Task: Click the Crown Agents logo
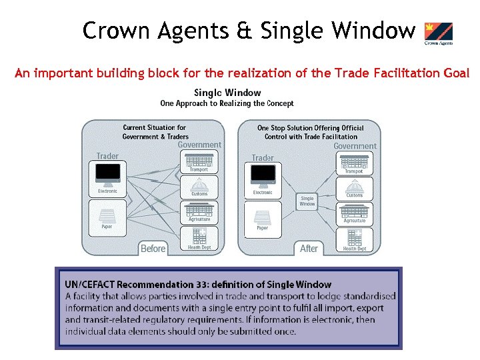click(438, 33)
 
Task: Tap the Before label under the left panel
click(153, 249)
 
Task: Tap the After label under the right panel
click(309, 249)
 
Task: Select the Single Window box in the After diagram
click(307, 201)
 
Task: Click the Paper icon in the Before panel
click(107, 217)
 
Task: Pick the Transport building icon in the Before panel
click(199, 161)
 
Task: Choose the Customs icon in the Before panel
click(199, 185)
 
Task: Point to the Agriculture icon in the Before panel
click(199, 211)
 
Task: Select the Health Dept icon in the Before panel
click(199, 236)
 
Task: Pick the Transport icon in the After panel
click(354, 162)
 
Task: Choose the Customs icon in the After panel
click(354, 186)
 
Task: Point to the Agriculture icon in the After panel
click(354, 212)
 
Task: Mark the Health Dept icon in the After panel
click(354, 238)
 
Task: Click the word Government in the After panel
click(355, 146)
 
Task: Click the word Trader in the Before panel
click(107, 156)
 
